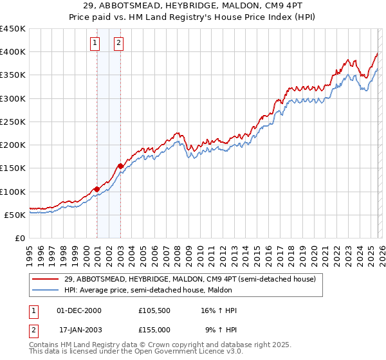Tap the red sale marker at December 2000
96,189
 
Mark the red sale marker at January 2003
120,166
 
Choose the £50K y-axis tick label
15,215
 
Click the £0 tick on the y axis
20,238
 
